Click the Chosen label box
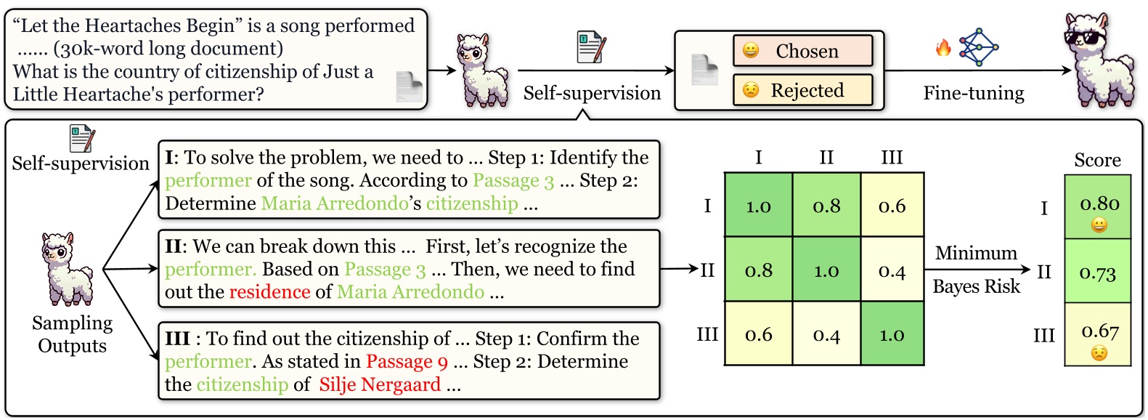coord(802,51)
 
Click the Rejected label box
coord(802,90)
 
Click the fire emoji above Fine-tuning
coord(943,48)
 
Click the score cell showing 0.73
coord(1097,272)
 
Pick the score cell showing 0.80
coord(1097,207)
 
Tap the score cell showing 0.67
coord(1097,334)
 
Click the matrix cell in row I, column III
coord(892,206)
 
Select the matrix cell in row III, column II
coord(826,334)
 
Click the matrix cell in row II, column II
coord(826,270)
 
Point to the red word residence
coord(269,292)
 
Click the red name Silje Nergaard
coord(380,384)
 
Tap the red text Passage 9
coord(407,361)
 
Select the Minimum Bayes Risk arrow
coord(977,270)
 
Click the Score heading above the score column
coord(1097,160)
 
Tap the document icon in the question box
coord(409,87)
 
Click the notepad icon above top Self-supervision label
coord(591,47)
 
